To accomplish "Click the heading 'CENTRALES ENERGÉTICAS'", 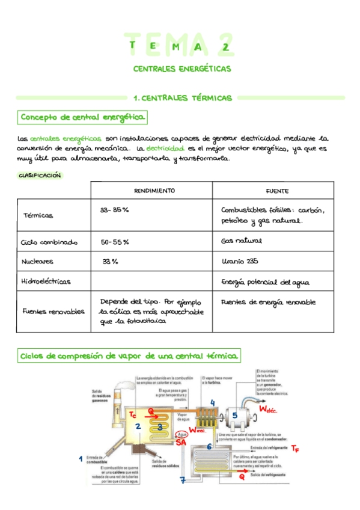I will (182, 69).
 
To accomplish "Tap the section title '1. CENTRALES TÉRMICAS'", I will (182, 97).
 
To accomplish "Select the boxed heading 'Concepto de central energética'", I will (82, 117).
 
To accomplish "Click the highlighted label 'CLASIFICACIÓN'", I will (40, 175).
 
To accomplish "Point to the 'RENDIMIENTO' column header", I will (154, 191).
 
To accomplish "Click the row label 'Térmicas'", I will (38, 215).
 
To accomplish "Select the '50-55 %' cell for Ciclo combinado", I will (115, 242).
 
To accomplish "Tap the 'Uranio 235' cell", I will (240, 262).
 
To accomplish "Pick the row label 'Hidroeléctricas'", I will (46, 281).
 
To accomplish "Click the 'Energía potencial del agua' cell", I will (269, 281).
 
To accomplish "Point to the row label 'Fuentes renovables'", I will (53, 312).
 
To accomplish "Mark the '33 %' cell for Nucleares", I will (111, 262).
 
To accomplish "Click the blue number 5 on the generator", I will (235, 415).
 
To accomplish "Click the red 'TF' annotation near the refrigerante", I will (295, 448).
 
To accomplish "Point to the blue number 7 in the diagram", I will (183, 480).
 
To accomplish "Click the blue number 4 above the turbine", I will (212, 402).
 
